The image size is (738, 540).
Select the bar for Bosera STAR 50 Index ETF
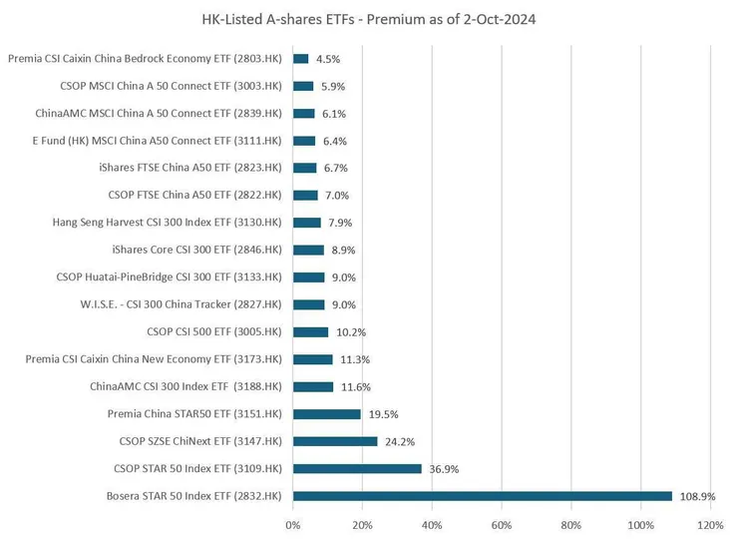[x=483, y=496]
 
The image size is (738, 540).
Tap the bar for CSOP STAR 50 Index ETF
[x=357, y=469]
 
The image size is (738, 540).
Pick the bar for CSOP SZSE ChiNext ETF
[x=335, y=441]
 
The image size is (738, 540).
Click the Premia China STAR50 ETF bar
[x=327, y=414]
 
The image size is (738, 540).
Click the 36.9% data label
[x=444, y=469]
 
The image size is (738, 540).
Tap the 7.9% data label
[x=340, y=223]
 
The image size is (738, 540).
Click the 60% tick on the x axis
[x=502, y=524]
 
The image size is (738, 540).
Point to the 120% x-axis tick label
[x=710, y=524]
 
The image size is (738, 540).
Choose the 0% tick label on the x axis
[x=293, y=524]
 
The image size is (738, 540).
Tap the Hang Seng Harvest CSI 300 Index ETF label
[x=167, y=223]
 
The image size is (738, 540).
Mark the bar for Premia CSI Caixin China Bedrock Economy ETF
[x=301, y=59]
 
